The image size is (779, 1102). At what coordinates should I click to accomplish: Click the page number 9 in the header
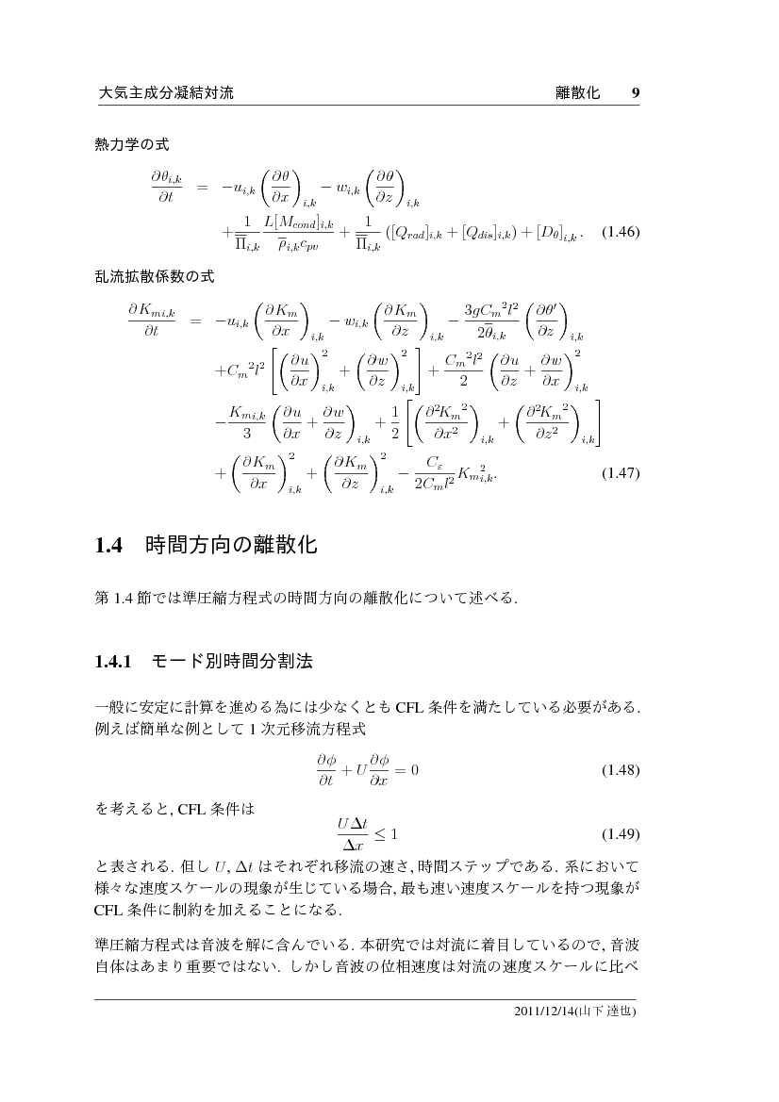(x=636, y=93)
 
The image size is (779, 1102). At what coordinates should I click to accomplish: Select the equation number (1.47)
(x=621, y=473)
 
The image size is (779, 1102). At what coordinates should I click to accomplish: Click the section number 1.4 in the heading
(x=110, y=546)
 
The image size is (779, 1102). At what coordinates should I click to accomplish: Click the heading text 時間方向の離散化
(x=231, y=546)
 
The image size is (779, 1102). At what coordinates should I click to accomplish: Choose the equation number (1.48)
(x=621, y=770)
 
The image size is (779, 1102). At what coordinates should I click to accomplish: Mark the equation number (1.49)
(x=621, y=834)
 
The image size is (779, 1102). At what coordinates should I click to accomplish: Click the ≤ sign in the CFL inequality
(x=382, y=834)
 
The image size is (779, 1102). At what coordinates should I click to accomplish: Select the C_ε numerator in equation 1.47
(x=434, y=463)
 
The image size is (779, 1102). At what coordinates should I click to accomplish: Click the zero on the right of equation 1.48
(x=413, y=770)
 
